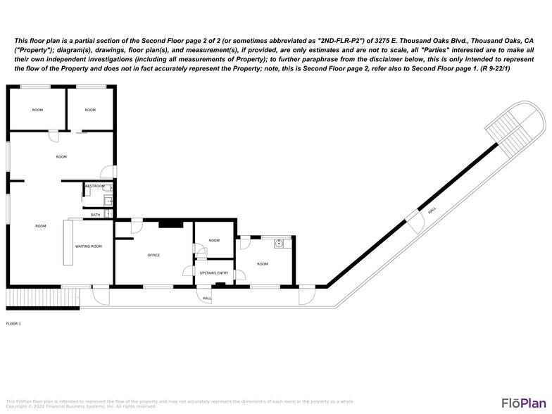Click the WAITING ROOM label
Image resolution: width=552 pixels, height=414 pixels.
(x=89, y=246)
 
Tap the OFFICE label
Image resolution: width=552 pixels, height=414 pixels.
(x=153, y=255)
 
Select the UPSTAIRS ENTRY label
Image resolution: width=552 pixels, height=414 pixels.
(x=214, y=272)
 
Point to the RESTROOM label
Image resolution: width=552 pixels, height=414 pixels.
(x=94, y=186)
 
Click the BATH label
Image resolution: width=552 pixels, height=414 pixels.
(x=95, y=214)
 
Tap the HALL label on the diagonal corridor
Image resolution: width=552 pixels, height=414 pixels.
(x=432, y=209)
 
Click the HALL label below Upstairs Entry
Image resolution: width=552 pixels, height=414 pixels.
(x=207, y=299)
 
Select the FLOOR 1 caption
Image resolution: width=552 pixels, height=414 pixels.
(x=13, y=323)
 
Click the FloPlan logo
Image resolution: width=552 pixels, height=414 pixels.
(x=524, y=402)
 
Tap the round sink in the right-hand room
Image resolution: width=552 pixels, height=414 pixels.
(x=280, y=244)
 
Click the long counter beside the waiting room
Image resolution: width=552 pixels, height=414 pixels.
(x=68, y=242)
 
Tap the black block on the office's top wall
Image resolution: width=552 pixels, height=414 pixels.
(x=170, y=224)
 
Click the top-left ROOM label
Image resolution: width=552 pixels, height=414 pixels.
(x=37, y=110)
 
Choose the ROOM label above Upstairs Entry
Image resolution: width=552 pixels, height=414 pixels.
(x=214, y=241)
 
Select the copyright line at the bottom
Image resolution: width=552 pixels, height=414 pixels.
(x=81, y=406)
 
